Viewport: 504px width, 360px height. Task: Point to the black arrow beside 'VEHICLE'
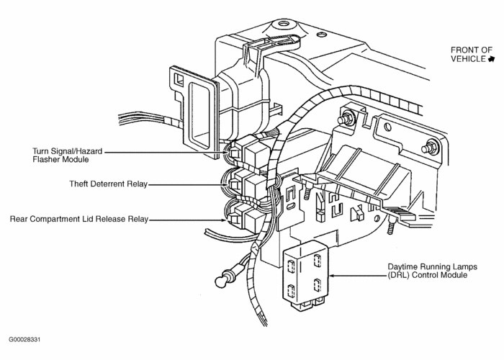pyautogui.click(x=491, y=59)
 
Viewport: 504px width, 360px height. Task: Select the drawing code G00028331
pyautogui.click(x=29, y=338)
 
